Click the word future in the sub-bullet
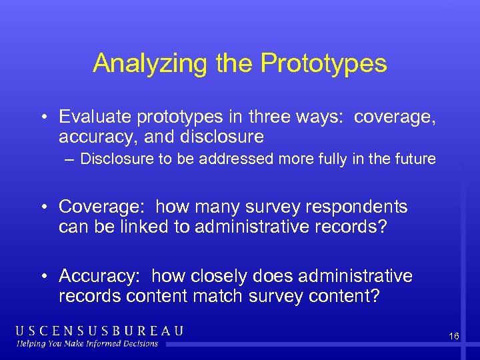coord(415,159)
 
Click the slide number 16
coord(453,337)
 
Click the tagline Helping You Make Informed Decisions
coord(88,344)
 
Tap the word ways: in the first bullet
coord(327,117)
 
